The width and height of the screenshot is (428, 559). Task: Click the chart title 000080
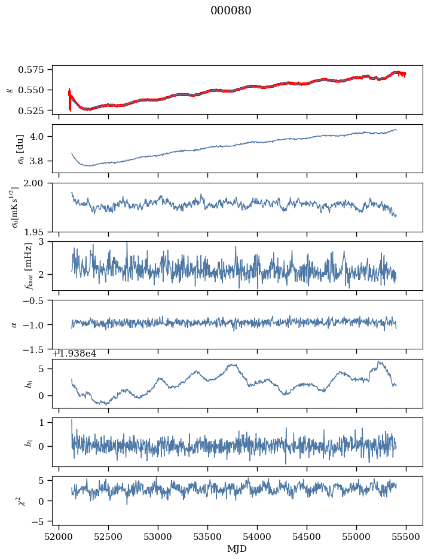tap(231, 11)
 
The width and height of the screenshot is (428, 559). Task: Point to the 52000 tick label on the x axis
tap(59, 538)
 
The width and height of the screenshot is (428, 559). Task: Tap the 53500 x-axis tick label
tap(208, 538)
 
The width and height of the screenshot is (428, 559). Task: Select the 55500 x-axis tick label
tap(406, 538)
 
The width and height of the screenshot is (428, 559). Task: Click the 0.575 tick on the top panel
tap(37, 70)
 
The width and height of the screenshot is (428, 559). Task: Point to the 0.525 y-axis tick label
tap(37, 111)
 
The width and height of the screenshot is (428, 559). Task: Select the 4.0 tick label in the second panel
tap(42, 137)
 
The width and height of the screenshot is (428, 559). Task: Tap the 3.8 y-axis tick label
tap(42, 161)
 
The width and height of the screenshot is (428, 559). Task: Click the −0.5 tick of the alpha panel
tap(37, 300)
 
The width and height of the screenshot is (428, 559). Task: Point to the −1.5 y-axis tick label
tap(37, 349)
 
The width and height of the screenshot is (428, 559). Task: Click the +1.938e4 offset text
tap(75, 354)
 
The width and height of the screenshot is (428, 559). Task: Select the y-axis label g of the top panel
tap(9, 90)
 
